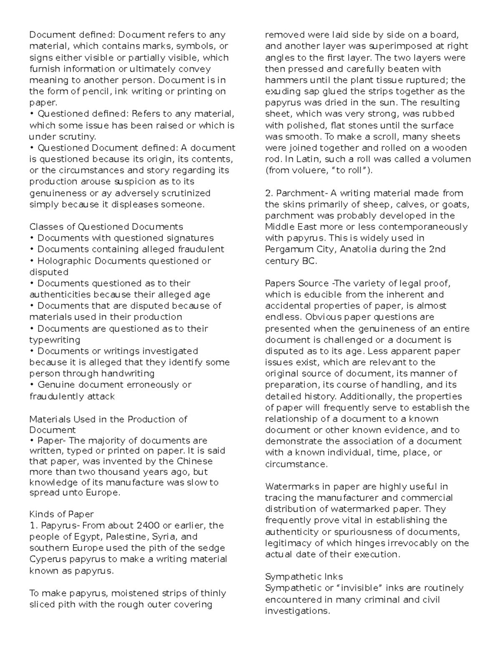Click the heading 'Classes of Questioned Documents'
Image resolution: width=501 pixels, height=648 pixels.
[106, 227]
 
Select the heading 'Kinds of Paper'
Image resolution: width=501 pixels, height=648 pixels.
[61, 514]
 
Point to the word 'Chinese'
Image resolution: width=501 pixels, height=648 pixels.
[195, 461]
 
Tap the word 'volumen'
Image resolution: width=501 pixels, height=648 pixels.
[453, 159]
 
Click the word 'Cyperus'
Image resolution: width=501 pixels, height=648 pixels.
[46, 560]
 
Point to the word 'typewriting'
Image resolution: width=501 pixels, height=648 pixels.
[54, 340]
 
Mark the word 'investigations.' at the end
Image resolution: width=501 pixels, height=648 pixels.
[297, 611]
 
